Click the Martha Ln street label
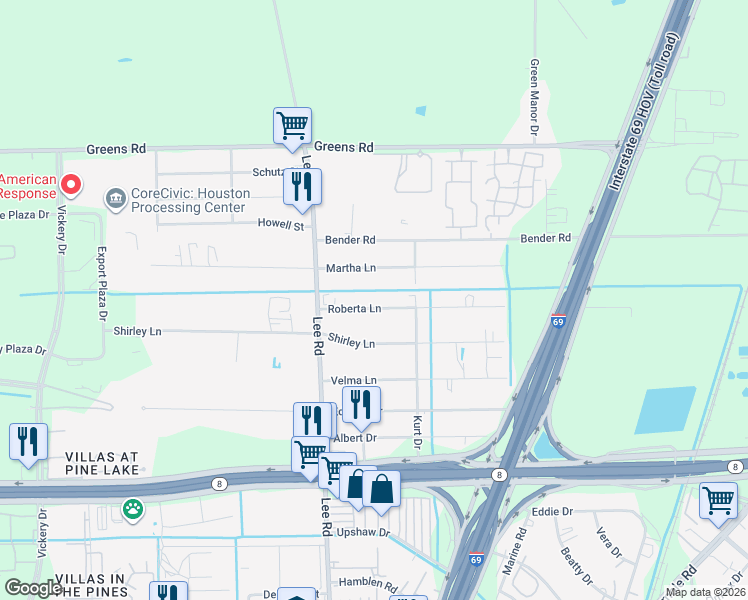click(x=350, y=268)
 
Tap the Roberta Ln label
click(x=354, y=309)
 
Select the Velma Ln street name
click(x=353, y=381)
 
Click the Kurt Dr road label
click(x=418, y=432)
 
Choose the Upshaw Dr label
click(x=362, y=532)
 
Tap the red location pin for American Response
click(x=70, y=184)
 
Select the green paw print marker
click(x=132, y=510)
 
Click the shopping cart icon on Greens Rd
click(x=292, y=126)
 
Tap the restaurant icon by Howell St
click(x=301, y=186)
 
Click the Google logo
click(x=33, y=588)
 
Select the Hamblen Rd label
click(x=369, y=582)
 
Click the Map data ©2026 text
click(x=705, y=592)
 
